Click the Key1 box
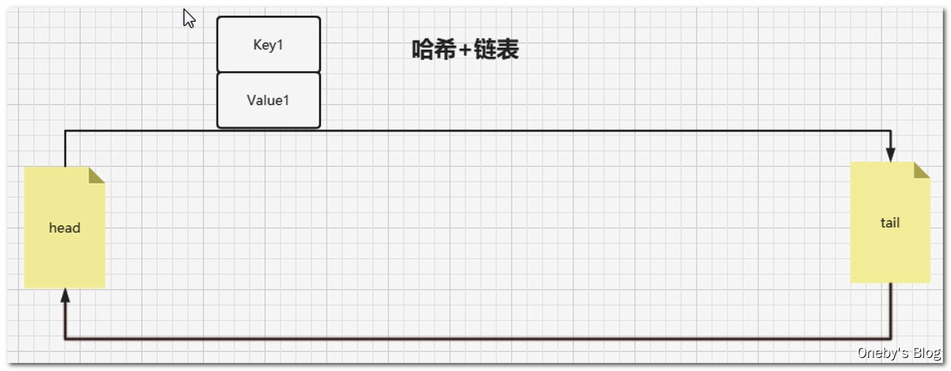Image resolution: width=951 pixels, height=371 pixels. click(268, 45)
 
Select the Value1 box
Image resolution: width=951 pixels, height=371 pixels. click(268, 100)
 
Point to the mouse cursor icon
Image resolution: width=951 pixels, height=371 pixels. click(189, 18)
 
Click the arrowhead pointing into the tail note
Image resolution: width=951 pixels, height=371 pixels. click(890, 154)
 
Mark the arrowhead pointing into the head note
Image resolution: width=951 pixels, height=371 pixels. click(65, 295)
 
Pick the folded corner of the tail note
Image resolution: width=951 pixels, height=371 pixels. click(922, 170)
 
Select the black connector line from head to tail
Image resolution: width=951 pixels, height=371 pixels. click(475, 131)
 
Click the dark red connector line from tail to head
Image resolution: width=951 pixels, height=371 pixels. click(475, 339)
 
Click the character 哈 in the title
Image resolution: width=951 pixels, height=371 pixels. click(423, 50)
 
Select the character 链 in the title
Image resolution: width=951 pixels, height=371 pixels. click(486, 50)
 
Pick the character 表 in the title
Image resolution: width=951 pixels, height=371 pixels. click(508, 50)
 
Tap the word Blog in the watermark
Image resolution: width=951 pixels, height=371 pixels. click(926, 353)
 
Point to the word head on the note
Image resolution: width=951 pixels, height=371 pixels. click(64, 228)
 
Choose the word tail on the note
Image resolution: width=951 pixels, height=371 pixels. click(890, 222)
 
